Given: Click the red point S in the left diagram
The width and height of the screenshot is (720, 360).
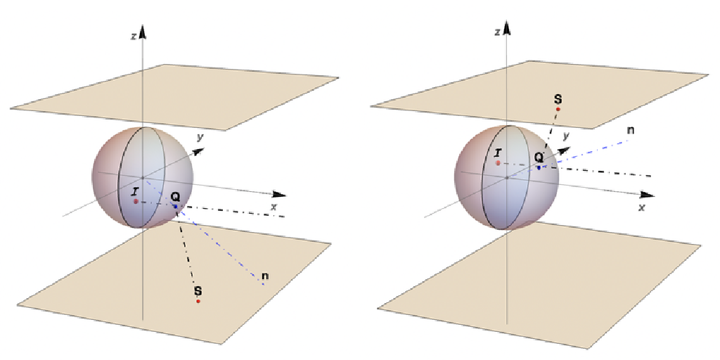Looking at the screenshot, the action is pyautogui.click(x=198, y=301).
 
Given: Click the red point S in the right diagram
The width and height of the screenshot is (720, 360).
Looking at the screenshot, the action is pyautogui.click(x=558, y=110).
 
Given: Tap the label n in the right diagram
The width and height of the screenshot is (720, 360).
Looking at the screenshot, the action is pyautogui.click(x=630, y=130).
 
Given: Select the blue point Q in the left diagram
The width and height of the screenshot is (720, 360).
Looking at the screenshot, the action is pyautogui.click(x=176, y=206).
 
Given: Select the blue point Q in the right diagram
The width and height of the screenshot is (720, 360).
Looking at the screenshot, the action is pyautogui.click(x=539, y=167).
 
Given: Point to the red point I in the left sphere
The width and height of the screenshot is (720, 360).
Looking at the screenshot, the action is pyautogui.click(x=136, y=201).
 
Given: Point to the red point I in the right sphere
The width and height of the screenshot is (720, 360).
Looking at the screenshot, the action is pyautogui.click(x=498, y=162).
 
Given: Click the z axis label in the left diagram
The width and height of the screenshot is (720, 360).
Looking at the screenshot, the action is pyautogui.click(x=133, y=36).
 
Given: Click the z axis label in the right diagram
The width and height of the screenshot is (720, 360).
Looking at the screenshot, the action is pyautogui.click(x=497, y=32).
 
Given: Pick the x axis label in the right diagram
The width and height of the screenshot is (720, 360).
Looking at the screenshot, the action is pyautogui.click(x=641, y=207).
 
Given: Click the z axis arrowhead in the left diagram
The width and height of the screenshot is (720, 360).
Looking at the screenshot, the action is pyautogui.click(x=143, y=31).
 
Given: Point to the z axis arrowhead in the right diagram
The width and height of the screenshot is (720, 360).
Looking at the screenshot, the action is pyautogui.click(x=506, y=28).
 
